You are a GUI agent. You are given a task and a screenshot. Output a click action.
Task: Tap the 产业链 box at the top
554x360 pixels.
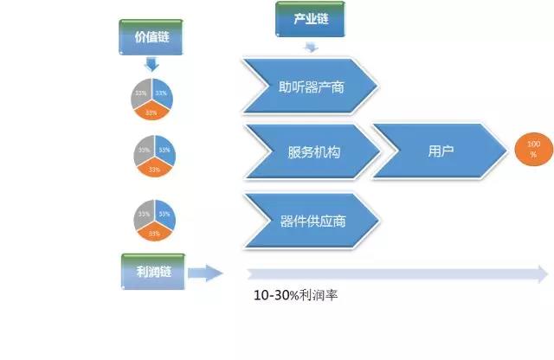pyautogui.click(x=306, y=17)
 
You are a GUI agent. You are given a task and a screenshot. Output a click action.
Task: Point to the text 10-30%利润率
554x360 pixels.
pyautogui.click(x=295, y=295)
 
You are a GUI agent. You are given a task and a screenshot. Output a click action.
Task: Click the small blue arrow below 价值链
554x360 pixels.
pyautogui.click(x=151, y=64)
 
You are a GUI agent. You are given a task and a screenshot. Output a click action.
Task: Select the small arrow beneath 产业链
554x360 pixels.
pyautogui.click(x=309, y=45)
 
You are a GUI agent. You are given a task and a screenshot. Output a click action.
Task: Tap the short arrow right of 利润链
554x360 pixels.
pyautogui.click(x=205, y=274)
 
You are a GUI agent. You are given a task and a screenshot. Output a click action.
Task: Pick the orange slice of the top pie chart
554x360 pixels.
pyautogui.click(x=152, y=111)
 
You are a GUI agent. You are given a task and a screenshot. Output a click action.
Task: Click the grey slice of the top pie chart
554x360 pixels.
pyautogui.click(x=141, y=93)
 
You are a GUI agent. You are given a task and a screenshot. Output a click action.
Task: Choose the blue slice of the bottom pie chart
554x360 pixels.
pyautogui.click(x=164, y=214)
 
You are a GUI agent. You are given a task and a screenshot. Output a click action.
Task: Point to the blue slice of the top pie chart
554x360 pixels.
pyautogui.click(x=163, y=93)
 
